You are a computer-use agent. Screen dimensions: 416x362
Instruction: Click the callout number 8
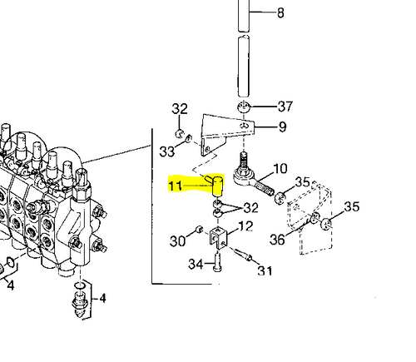coord(280,12)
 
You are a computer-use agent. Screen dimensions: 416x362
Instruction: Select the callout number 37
coord(285,107)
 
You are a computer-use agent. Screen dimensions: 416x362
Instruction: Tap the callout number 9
coord(282,126)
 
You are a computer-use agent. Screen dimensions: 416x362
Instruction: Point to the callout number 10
coord(280,169)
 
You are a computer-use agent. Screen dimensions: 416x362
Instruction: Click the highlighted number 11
coord(175,186)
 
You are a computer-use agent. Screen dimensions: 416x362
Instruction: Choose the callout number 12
coord(245,226)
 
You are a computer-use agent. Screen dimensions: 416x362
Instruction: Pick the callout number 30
coord(177,241)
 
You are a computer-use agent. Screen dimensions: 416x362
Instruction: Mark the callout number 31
coord(265,270)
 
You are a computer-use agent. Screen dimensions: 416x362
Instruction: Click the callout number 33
coord(167,151)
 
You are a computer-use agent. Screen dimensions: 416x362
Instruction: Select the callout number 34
coord(196,264)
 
